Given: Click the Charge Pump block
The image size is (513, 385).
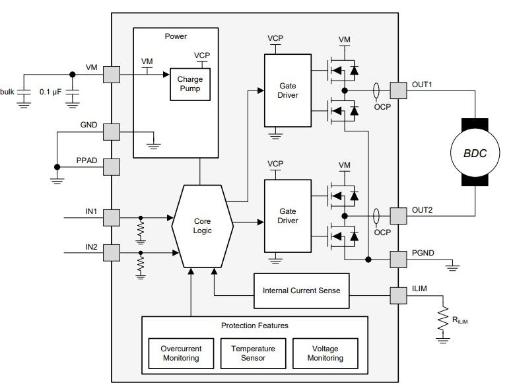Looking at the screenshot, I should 189,83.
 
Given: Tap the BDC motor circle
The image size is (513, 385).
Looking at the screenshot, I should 474,153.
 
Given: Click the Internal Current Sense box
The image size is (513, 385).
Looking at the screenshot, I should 302,291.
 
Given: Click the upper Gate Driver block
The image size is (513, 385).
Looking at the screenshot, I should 289,90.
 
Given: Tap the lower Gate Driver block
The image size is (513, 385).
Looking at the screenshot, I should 289,215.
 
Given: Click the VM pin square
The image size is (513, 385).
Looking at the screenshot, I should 112,74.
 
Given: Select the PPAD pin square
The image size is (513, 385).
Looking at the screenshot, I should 112,166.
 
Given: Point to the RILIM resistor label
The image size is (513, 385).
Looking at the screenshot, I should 462,322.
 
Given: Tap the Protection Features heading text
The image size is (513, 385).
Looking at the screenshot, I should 254,326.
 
